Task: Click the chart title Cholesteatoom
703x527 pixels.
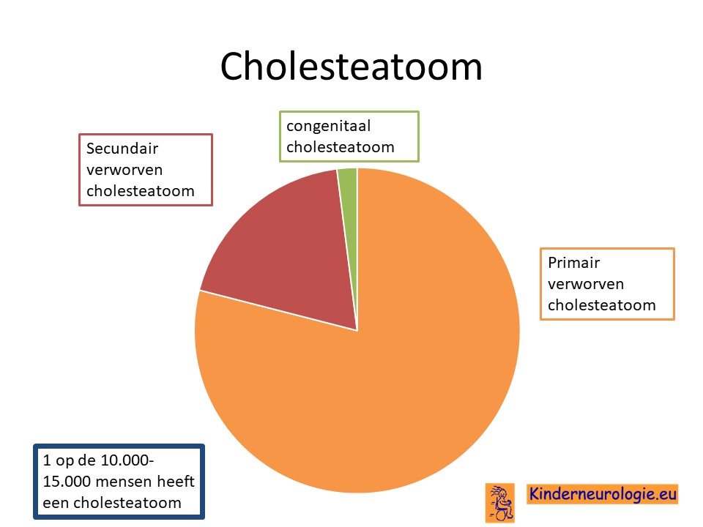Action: [351, 67]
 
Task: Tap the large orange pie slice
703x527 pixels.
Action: [381, 359]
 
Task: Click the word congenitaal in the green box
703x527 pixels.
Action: [329, 127]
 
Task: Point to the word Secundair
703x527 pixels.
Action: [122, 149]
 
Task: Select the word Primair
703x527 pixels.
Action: [573, 263]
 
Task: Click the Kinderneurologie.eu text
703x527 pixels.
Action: [603, 494]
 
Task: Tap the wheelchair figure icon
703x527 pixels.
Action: [500, 503]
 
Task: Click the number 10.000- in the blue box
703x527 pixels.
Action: [127, 460]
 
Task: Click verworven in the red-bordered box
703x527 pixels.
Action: [124, 171]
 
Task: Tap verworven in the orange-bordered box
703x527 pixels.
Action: [586, 284]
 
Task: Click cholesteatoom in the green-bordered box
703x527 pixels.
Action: [341, 147]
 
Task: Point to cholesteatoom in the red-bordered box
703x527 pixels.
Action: [141, 191]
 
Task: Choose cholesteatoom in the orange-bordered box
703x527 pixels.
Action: [602, 305]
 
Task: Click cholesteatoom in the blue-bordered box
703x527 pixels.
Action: [127, 503]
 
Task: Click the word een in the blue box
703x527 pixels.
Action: [56, 504]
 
